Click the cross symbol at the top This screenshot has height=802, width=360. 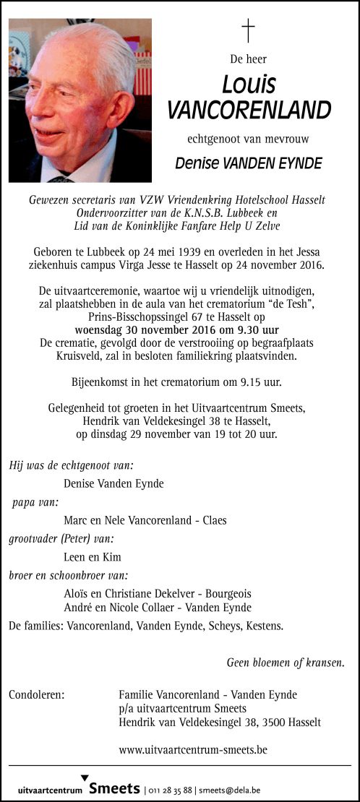pyautogui.click(x=248, y=30)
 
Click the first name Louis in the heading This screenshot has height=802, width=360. pyautogui.click(x=249, y=85)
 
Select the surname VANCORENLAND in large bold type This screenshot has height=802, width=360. pyautogui.click(x=249, y=111)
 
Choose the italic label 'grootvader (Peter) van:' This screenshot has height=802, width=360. pyautogui.click(x=61, y=538)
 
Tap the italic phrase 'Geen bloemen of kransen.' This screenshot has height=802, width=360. pyautogui.click(x=286, y=661)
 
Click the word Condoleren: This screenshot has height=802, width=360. pyautogui.click(x=37, y=695)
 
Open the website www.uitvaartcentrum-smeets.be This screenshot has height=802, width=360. pyautogui.click(x=193, y=750)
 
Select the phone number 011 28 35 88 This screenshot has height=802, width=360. pyautogui.click(x=171, y=790)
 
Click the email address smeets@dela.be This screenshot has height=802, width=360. pyautogui.click(x=231, y=790)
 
